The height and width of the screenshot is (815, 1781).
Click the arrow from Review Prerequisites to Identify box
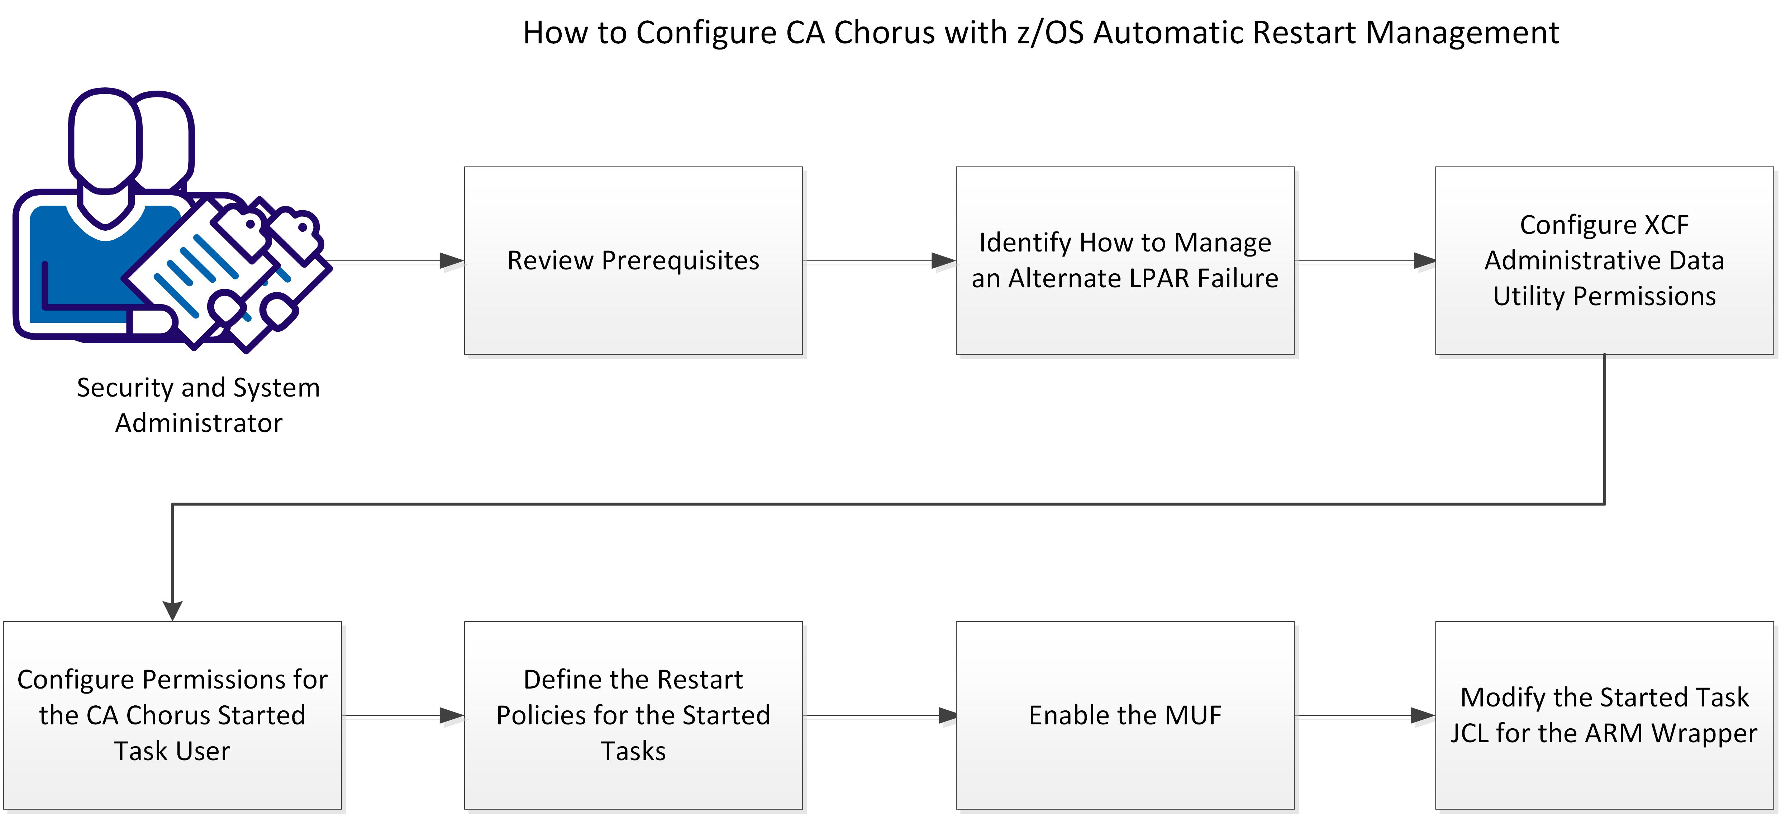tap(878, 260)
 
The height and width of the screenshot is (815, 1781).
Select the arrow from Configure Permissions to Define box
tap(401, 715)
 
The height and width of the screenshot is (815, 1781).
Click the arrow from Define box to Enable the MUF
tap(878, 715)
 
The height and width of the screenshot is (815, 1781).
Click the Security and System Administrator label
tap(199, 405)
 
